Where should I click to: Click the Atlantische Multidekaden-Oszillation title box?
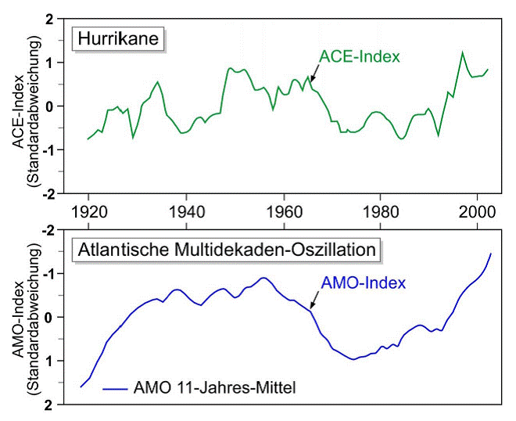(228, 250)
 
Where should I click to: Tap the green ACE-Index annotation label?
(360, 56)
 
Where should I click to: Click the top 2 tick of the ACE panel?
(51, 19)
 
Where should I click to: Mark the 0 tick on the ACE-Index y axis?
(51, 106)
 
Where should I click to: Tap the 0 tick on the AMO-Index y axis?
(51, 317)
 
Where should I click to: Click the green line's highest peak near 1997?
(462, 52)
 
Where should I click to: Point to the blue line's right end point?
(491, 254)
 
